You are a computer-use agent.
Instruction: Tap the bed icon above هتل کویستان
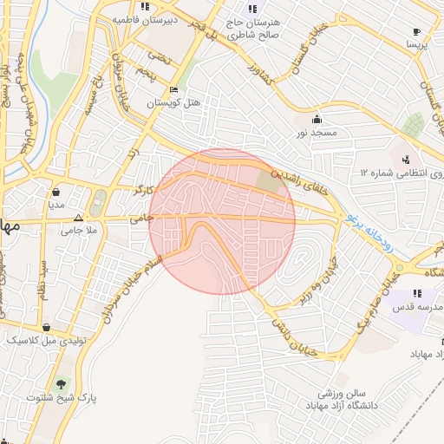(x=173, y=89)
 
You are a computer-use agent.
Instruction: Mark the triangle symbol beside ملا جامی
(x=79, y=219)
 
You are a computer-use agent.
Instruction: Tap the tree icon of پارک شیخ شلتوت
(x=60, y=383)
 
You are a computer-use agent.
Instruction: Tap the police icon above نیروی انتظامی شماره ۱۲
(x=405, y=160)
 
